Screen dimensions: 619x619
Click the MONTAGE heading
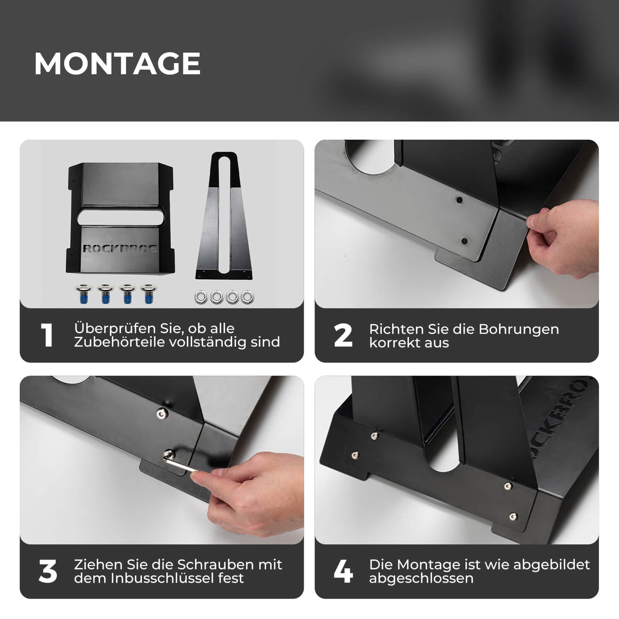click(117, 64)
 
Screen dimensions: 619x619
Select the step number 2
click(343, 335)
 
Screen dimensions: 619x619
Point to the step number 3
click(47, 571)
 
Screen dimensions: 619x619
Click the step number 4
click(343, 571)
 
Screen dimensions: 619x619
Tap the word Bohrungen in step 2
click(518, 329)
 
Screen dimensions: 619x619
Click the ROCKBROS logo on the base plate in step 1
click(120, 248)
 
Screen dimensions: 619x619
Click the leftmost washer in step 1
click(200, 297)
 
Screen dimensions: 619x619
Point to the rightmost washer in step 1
click(247, 297)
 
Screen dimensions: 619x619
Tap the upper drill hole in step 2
click(459, 200)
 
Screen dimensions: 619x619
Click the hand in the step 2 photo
click(561, 240)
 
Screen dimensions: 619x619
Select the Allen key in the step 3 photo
click(182, 466)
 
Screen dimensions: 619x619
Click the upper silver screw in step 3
click(161, 413)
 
